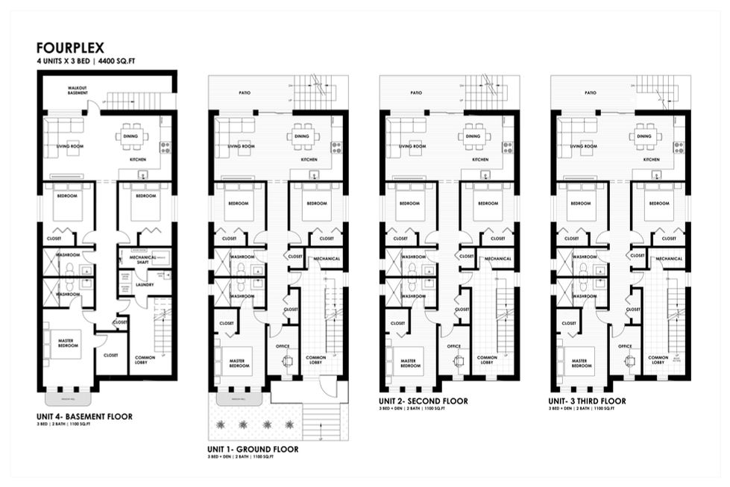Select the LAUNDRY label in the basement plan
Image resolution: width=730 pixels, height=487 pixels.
tap(145, 284)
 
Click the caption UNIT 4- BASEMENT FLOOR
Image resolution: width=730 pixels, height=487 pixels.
tap(84, 416)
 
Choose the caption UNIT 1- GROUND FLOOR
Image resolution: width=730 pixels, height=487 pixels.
tap(253, 450)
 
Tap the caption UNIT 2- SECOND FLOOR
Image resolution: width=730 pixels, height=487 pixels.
tap(424, 401)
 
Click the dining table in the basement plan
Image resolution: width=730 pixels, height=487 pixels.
tap(132, 136)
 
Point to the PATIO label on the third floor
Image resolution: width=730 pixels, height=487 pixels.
tap(591, 93)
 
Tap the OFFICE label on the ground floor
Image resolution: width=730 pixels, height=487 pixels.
tap(283, 346)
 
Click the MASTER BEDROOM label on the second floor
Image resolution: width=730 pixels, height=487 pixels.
tap(411, 363)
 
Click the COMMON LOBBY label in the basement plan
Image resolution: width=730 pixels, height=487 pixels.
tap(145, 360)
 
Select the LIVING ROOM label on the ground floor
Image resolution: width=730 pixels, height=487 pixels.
tap(241, 147)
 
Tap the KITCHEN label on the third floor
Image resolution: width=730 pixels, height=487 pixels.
tap(651, 160)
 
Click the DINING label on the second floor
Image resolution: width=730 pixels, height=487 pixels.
tap(473, 136)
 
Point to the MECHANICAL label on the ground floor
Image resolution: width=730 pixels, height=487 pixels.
tap(327, 259)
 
